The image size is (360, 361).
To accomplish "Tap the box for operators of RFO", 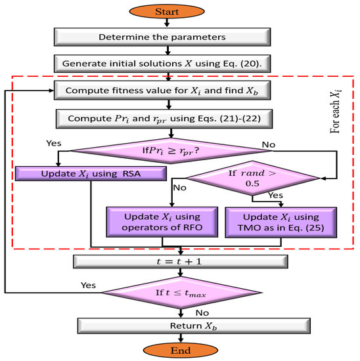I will pyautogui.click(x=162, y=223).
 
